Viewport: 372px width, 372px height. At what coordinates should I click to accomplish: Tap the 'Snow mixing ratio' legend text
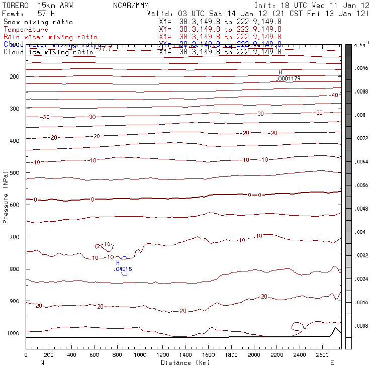[x=38, y=22]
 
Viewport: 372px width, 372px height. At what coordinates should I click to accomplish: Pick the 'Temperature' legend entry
[x=26, y=30]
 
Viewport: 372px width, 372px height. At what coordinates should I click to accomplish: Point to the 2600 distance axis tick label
[x=322, y=355]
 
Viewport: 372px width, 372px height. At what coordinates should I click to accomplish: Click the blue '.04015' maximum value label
[x=123, y=269]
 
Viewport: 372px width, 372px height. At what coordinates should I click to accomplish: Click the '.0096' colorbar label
[x=362, y=68]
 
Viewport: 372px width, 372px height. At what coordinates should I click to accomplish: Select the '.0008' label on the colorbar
[x=362, y=326]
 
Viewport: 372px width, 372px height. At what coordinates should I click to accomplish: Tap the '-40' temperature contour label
[x=333, y=95]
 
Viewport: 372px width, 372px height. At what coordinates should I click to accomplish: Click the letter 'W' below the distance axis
[x=42, y=362]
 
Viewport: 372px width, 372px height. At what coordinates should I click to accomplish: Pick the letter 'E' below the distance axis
[x=332, y=362]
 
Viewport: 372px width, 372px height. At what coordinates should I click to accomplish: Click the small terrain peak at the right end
[x=335, y=329]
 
